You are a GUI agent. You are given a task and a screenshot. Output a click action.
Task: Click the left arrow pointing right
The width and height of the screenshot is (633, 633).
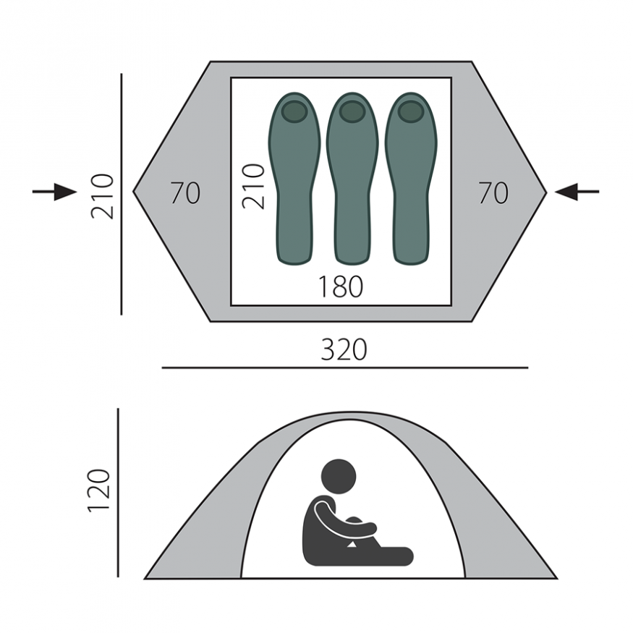[x=54, y=192]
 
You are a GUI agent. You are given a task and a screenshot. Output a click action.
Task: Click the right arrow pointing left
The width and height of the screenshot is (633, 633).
[x=577, y=192]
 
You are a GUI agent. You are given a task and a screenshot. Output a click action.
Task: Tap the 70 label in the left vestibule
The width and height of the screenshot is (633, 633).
[x=185, y=193]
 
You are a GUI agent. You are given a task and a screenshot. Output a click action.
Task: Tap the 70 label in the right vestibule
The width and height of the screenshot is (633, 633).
[x=493, y=193]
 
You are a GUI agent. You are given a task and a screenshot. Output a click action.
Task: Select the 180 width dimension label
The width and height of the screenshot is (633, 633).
[x=341, y=286]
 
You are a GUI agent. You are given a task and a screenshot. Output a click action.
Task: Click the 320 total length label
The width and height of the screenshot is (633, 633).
[x=344, y=349]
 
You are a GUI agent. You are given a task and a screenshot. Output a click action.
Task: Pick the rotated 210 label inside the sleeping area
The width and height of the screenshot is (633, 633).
[x=253, y=187]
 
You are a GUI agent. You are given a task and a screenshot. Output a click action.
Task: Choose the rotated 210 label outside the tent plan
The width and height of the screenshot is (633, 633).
[x=102, y=197]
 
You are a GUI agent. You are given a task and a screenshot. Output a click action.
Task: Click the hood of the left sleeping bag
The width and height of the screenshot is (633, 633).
[x=294, y=111]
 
